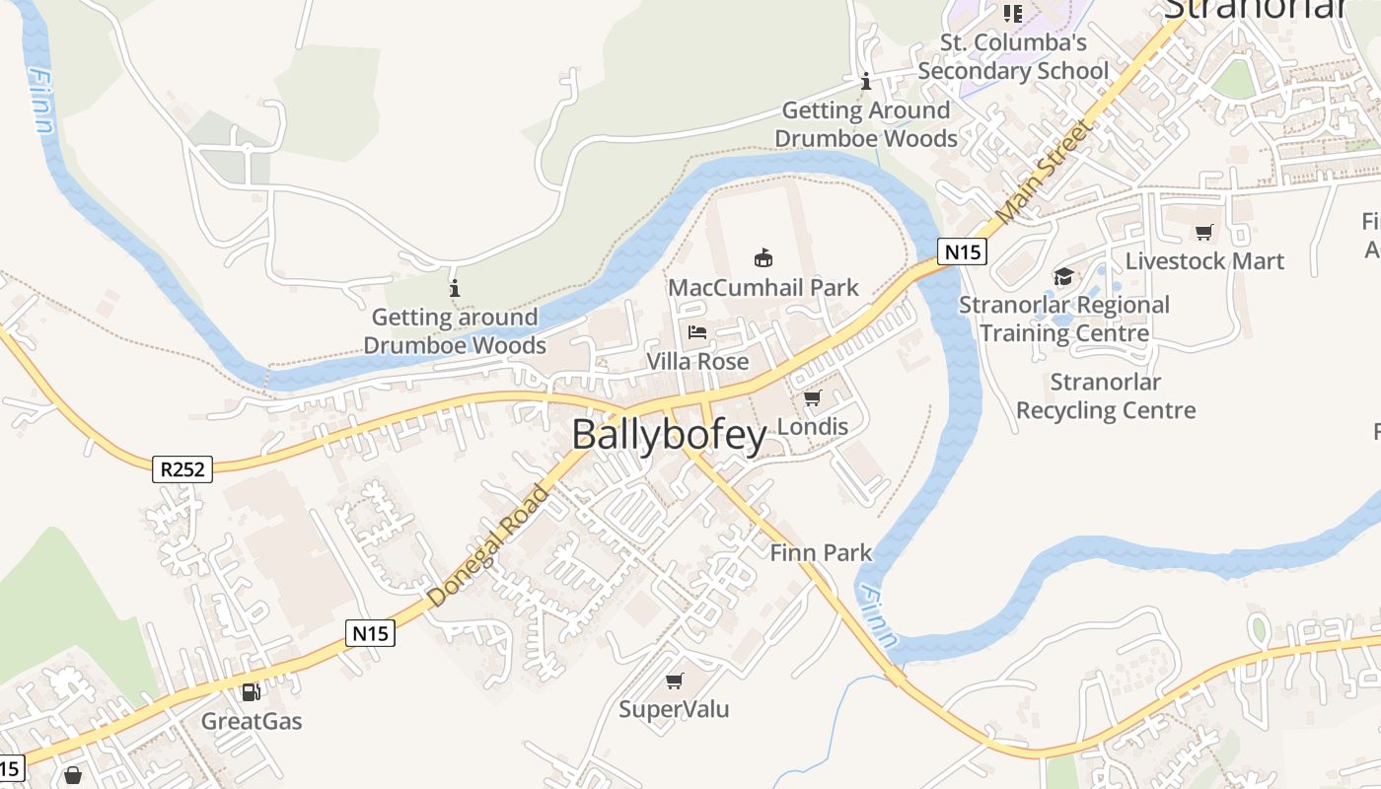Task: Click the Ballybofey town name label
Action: (669, 435)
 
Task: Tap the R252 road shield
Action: (183, 469)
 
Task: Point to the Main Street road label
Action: (1046, 171)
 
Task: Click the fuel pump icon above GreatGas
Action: (252, 692)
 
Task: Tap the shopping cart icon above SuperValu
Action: (675, 681)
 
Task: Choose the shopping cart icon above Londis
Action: (812, 398)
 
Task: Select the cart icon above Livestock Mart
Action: (1203, 233)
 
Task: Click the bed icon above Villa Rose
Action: (697, 332)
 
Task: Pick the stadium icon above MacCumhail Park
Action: (763, 258)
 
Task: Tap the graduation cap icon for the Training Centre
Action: (1063, 276)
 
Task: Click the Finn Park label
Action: (821, 552)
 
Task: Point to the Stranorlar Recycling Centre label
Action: (1106, 395)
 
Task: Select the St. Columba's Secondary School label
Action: (1013, 57)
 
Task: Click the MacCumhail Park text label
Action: (763, 288)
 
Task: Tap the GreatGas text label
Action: (252, 721)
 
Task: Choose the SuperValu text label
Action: (674, 709)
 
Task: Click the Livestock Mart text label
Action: (1204, 261)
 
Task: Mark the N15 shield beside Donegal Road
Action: (371, 633)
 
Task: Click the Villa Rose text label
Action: (697, 362)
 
